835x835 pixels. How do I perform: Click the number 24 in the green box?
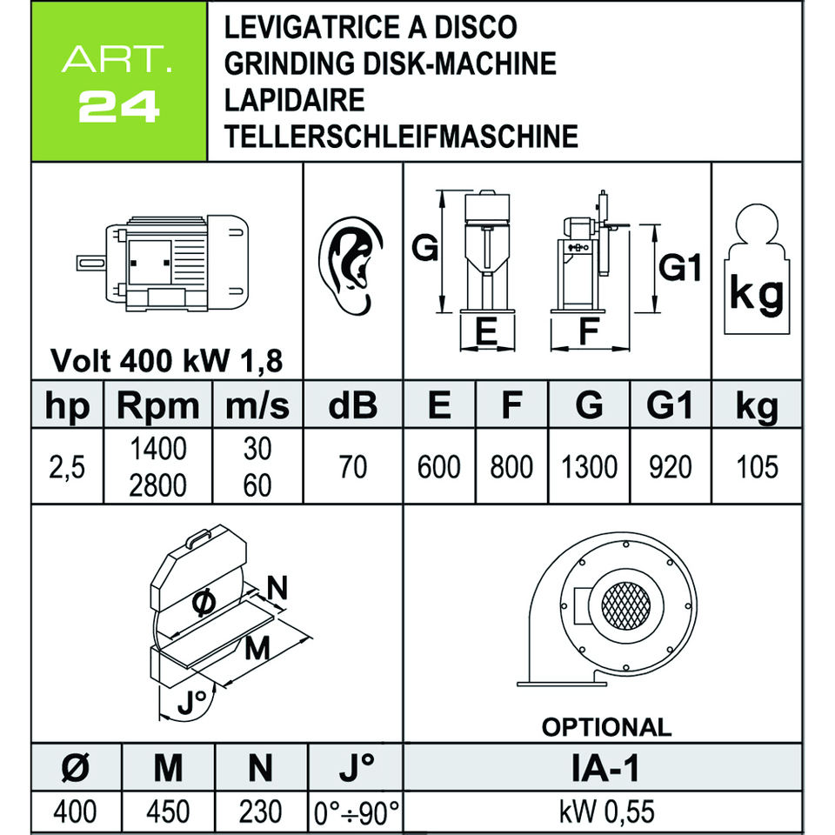[x=120, y=107]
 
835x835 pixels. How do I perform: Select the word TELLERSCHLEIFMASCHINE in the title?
[x=400, y=137]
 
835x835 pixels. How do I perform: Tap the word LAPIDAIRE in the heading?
[x=294, y=100]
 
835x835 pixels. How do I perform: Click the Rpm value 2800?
[x=157, y=484]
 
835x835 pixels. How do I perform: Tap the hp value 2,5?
[x=67, y=468]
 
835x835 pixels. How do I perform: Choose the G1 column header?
[x=670, y=406]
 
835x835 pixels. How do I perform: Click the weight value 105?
[x=756, y=467]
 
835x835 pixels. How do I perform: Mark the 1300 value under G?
[x=589, y=467]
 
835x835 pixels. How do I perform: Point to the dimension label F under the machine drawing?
[x=590, y=332]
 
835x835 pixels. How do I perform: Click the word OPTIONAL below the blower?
[x=606, y=726]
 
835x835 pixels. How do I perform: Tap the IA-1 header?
[x=605, y=768]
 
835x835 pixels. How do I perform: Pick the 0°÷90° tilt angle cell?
[x=357, y=812]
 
